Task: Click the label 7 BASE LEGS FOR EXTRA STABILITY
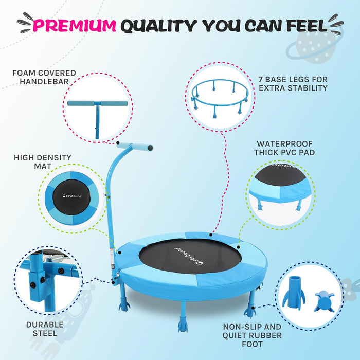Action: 293,83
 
